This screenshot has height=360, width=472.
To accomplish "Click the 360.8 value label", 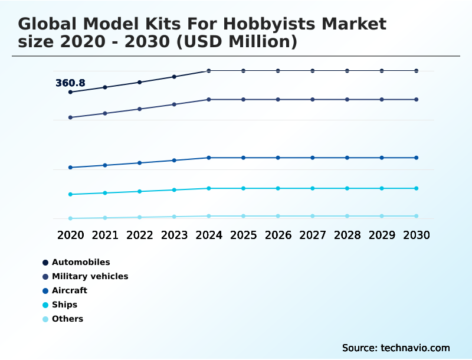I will pos(70,83).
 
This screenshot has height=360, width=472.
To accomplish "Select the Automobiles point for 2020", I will pos(70,92).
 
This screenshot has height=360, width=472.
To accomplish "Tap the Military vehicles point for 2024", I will pos(209,100).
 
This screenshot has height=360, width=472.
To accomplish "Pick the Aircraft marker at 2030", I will pos(417,158).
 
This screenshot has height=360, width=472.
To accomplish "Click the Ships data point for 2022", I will pos(140,191).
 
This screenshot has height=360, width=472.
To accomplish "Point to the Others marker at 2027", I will pos(313,216).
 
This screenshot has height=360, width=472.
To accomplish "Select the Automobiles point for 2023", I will pos(174,77).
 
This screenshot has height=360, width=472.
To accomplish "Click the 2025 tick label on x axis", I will pos(243,235).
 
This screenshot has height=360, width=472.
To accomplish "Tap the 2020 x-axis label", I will pos(70,235).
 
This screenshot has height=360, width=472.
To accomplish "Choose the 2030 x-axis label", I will pos(417,235).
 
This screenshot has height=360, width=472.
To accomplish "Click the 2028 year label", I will pos(347,235).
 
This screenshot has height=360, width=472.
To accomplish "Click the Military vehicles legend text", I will pos(90,276).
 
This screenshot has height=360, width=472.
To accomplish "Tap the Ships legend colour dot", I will pos(45,305).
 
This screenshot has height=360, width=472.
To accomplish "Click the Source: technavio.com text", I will pos(396,348).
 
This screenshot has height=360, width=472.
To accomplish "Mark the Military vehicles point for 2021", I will pos(105,113).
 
